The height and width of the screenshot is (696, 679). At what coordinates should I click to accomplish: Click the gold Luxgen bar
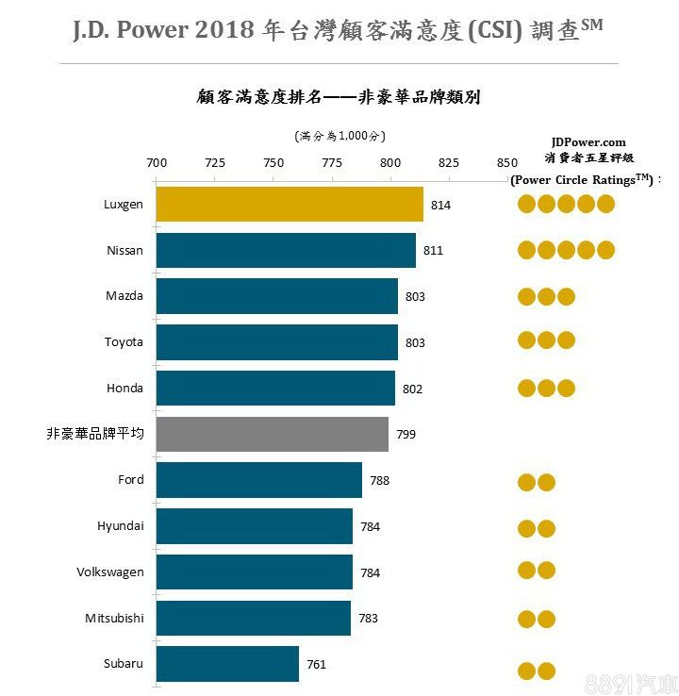(290, 205)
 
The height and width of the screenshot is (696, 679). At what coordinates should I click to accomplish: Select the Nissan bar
(286, 250)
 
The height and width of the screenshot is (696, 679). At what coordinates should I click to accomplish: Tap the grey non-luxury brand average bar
(272, 434)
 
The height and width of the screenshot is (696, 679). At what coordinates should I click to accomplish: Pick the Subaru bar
(227, 664)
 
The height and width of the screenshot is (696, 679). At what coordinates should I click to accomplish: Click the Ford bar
(258, 480)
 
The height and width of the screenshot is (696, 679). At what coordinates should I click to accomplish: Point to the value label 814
(440, 205)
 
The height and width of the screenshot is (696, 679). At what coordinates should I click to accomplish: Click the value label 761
(316, 665)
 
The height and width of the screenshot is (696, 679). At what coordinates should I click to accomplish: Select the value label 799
(406, 435)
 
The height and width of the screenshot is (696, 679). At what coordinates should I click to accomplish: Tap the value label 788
(379, 481)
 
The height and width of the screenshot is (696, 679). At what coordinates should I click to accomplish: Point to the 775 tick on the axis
(332, 162)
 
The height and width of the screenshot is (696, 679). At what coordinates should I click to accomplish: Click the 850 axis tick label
(506, 162)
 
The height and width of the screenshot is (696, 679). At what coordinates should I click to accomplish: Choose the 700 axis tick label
(157, 162)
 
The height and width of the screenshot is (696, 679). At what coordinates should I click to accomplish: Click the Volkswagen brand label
(110, 572)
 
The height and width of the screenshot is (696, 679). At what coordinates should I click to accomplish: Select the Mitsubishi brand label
(114, 618)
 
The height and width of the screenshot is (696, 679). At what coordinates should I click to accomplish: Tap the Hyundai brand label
(120, 525)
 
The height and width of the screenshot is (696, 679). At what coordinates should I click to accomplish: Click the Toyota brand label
(124, 341)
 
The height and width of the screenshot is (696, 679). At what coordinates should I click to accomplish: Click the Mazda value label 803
(415, 297)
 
